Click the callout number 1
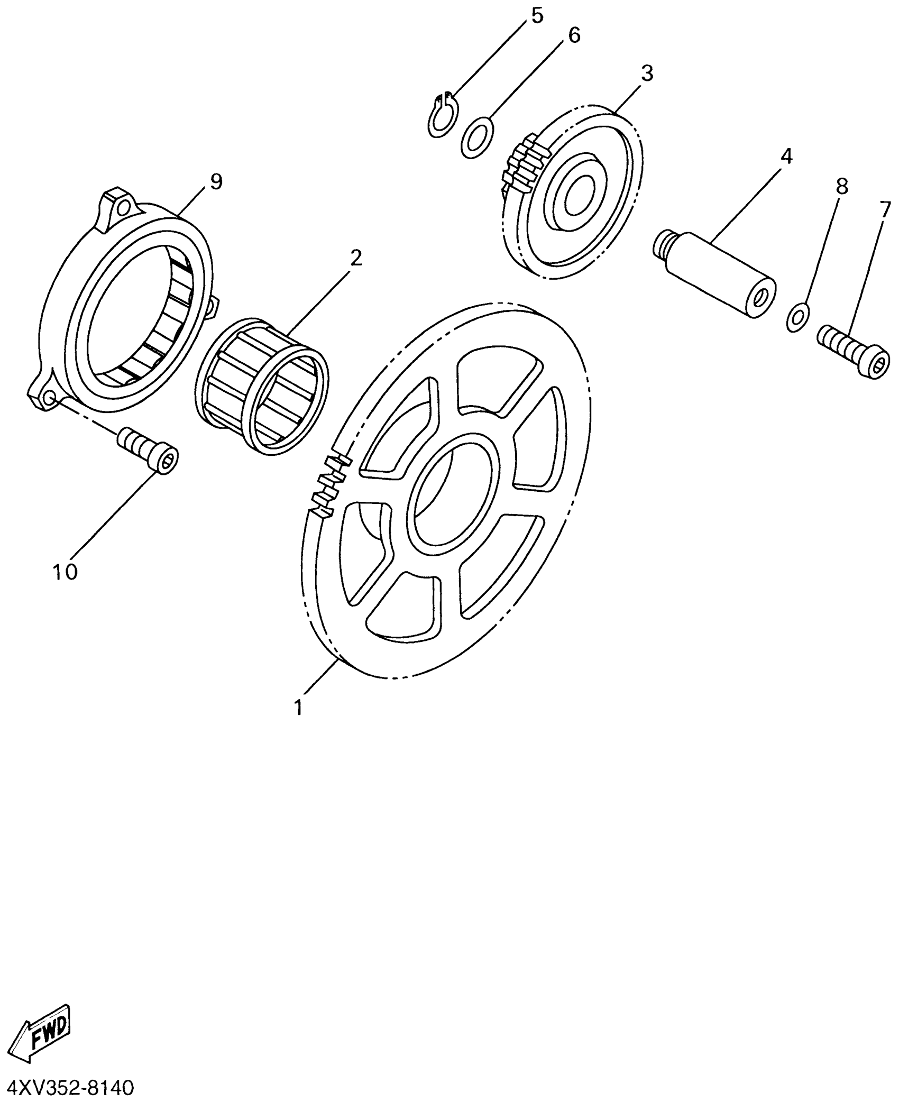(x=299, y=707)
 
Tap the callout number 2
(x=356, y=258)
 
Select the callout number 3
(x=647, y=74)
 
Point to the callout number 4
(x=786, y=157)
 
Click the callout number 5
(x=537, y=16)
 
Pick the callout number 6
(x=574, y=36)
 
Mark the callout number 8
(x=841, y=186)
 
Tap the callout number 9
(x=216, y=182)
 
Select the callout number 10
(x=65, y=572)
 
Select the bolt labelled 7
(x=854, y=352)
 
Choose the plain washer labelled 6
(x=477, y=137)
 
